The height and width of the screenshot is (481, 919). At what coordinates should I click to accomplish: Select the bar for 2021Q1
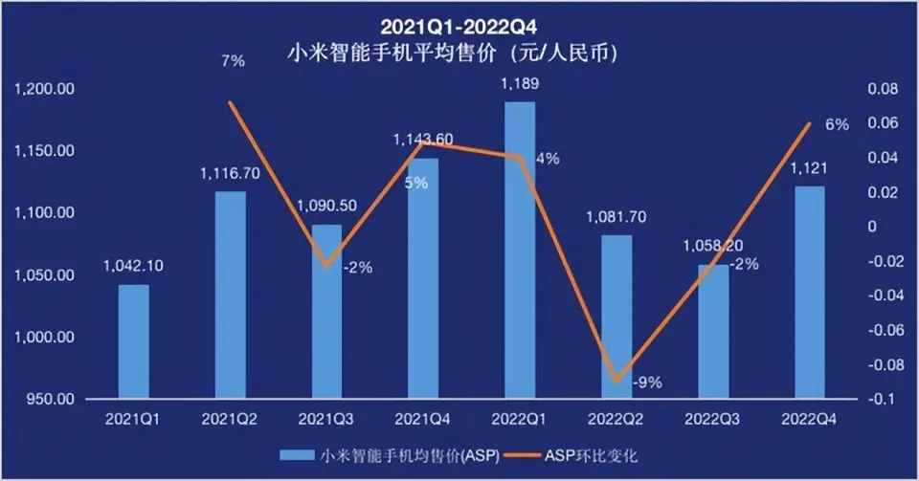coord(134,341)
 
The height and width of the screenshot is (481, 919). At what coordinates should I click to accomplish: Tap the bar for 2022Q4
coord(809,293)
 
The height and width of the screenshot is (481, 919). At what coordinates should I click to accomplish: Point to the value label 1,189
coord(520,85)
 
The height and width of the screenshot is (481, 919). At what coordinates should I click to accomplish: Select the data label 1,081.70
coord(616,217)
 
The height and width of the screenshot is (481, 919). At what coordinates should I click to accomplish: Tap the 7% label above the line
coord(233,60)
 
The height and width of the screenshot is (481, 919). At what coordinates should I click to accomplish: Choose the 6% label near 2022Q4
coord(837,125)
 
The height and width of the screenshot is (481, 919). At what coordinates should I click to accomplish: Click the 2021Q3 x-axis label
coord(326,418)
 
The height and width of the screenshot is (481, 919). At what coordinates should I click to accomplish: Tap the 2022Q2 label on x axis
coord(616,418)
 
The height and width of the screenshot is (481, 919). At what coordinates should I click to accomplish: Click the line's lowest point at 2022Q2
coord(616,381)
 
